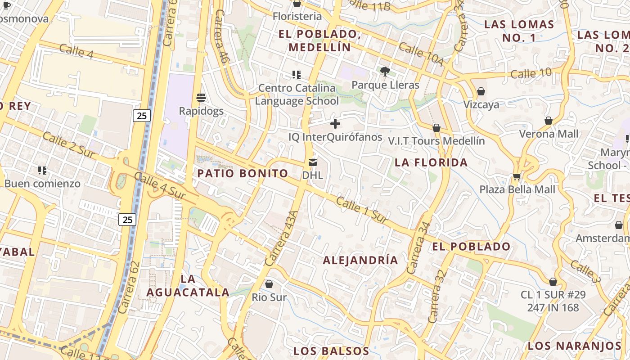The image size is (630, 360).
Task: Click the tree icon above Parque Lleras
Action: point(385,71)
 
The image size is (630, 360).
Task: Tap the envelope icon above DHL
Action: point(313,162)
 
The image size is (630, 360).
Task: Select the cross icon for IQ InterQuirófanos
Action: point(335,123)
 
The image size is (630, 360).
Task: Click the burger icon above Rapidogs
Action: point(201,97)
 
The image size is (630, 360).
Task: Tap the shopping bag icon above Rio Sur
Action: point(269,284)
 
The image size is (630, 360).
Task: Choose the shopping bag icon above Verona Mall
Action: point(549,121)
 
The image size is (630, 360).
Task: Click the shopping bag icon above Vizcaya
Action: point(481,91)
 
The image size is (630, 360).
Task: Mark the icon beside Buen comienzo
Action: point(42,170)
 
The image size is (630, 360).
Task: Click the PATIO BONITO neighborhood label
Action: point(243,173)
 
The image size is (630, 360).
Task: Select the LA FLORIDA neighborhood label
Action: point(431,162)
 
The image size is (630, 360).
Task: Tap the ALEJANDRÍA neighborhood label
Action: point(360,260)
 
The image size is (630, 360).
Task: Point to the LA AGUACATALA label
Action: point(188,285)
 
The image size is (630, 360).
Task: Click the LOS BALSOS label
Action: point(331,351)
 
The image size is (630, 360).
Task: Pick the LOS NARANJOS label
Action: point(574,346)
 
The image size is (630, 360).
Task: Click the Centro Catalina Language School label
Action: point(297,94)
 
